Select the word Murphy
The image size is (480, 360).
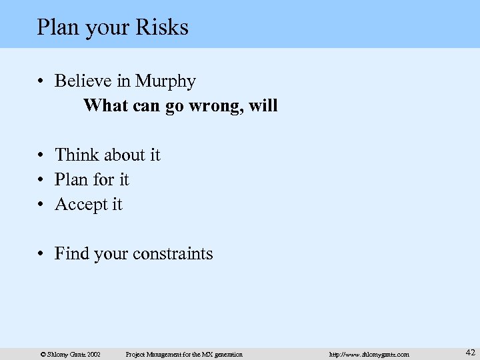point(165,81)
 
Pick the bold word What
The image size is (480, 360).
point(104,105)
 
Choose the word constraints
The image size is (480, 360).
point(173,254)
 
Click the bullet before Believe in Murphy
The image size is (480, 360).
point(41,82)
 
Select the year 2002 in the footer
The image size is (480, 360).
point(92,354)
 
